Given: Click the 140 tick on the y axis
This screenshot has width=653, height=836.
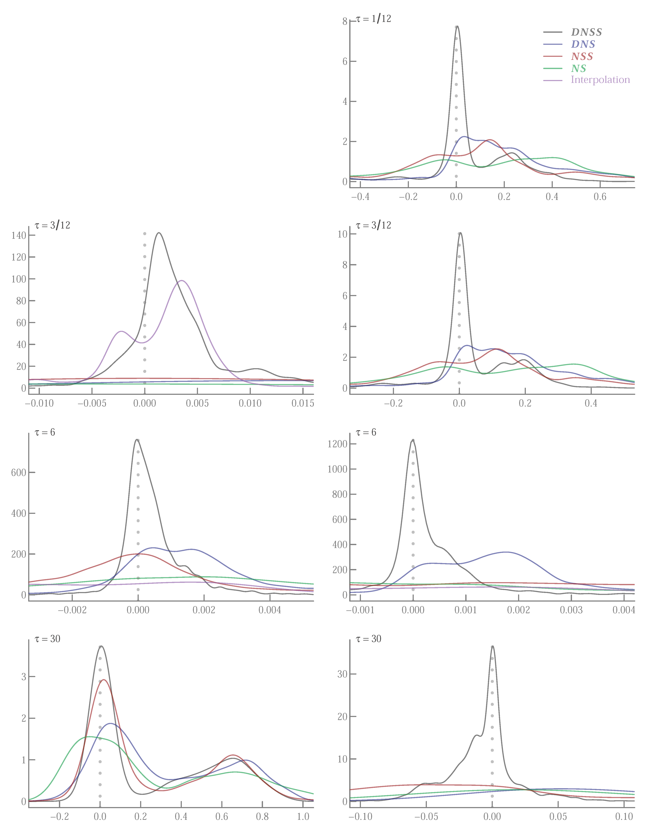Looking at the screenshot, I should (19, 235).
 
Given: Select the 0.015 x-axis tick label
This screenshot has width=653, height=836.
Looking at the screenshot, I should (303, 403).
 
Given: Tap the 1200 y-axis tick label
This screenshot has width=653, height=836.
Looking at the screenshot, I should (337, 444).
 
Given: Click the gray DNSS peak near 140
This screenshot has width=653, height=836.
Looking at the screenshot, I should (159, 233).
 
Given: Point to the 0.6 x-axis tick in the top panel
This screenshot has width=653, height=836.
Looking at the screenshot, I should (600, 197).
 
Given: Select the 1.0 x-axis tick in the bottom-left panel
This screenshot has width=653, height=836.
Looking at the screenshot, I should (303, 816).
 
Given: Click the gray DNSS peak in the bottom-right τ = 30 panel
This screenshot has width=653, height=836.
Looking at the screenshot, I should (492, 646).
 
